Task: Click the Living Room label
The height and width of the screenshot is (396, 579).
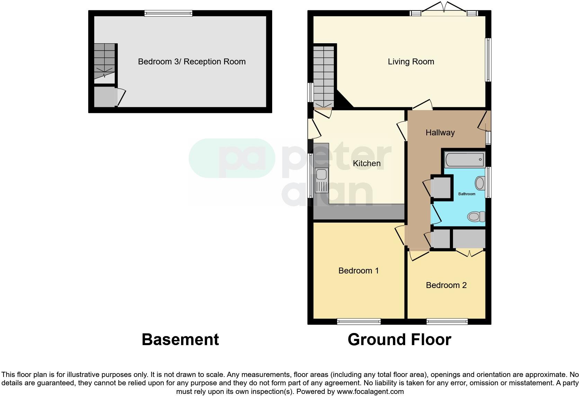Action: (411, 62)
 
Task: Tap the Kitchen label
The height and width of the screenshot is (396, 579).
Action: (366, 163)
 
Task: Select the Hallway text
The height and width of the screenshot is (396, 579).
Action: (440, 132)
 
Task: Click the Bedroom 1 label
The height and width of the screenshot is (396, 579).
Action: (358, 270)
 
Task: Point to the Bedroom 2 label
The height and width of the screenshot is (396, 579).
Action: (446, 285)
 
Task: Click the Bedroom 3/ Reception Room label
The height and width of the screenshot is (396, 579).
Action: (191, 62)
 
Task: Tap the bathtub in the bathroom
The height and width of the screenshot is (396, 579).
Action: (465, 160)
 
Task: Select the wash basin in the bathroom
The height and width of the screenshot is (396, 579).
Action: (480, 183)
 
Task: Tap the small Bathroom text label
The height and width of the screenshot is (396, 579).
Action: (466, 194)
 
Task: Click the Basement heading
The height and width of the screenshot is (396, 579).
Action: (180, 340)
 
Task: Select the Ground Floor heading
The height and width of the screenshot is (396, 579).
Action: (399, 340)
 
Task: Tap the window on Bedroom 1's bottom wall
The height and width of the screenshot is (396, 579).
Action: (359, 322)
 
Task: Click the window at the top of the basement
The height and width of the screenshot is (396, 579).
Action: (168, 13)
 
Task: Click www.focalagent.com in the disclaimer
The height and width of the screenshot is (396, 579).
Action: (370, 391)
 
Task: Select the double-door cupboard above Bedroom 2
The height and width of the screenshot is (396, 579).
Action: (469, 239)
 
